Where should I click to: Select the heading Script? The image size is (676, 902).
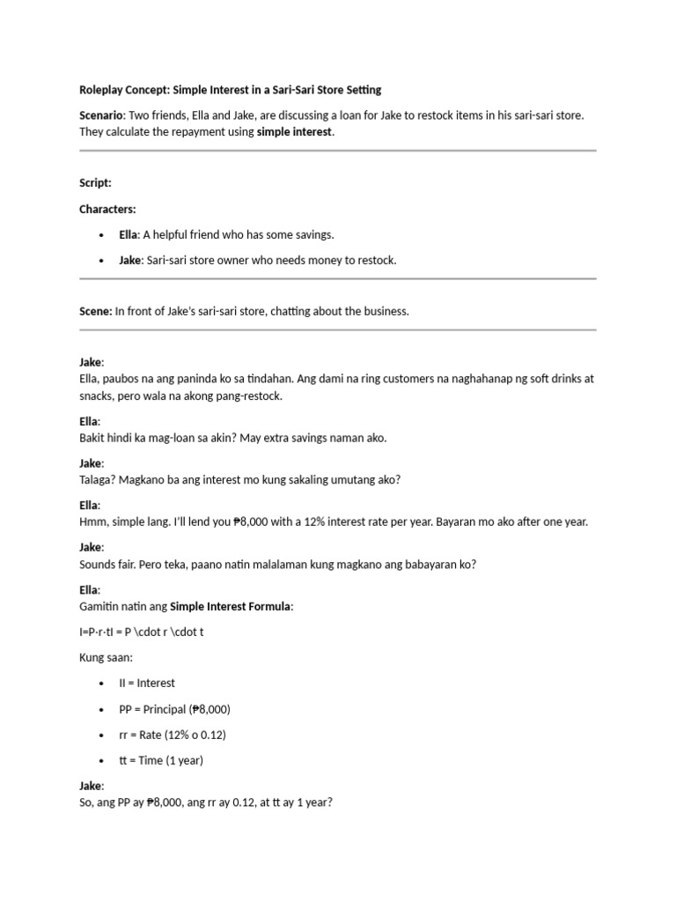(95, 183)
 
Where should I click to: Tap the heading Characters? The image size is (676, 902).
(107, 209)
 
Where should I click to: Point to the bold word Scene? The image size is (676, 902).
(95, 311)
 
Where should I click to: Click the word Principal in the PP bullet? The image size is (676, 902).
(166, 709)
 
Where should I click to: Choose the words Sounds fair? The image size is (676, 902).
(109, 565)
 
